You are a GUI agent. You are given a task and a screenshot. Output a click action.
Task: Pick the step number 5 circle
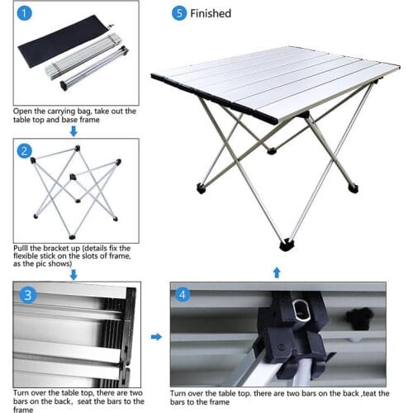pyautogui.click(x=178, y=13)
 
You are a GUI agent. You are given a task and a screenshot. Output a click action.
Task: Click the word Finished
pyautogui.click(x=211, y=14)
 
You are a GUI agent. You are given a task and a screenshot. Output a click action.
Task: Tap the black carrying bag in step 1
pyautogui.click(x=62, y=50)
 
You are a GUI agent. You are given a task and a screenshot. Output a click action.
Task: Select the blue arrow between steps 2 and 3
pyautogui.click(x=73, y=273)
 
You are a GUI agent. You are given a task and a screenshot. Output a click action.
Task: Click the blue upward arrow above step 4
pyautogui.click(x=277, y=272)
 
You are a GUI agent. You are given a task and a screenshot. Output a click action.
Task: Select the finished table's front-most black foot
pyautogui.click(x=287, y=245)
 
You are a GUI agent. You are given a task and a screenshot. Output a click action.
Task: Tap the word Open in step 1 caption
pyautogui.click(x=24, y=111)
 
